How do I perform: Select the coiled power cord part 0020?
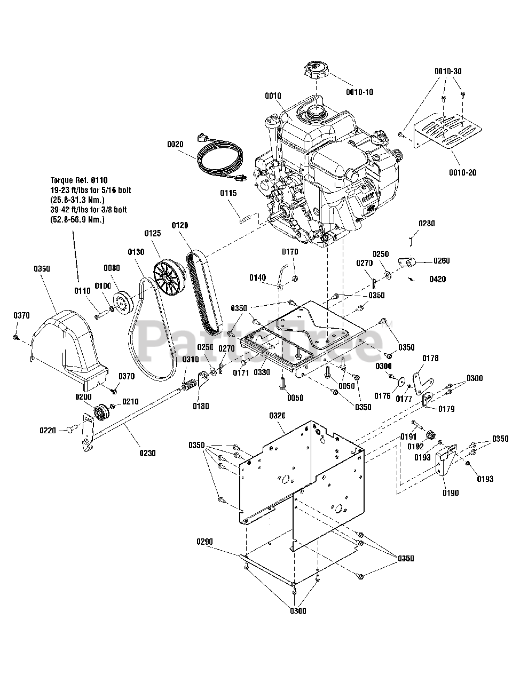click(219, 160)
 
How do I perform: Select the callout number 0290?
click(204, 542)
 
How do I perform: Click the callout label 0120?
click(180, 226)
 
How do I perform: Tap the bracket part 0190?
click(444, 462)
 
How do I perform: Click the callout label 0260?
click(442, 261)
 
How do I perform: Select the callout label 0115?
click(228, 193)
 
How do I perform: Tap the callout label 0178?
click(430, 358)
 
